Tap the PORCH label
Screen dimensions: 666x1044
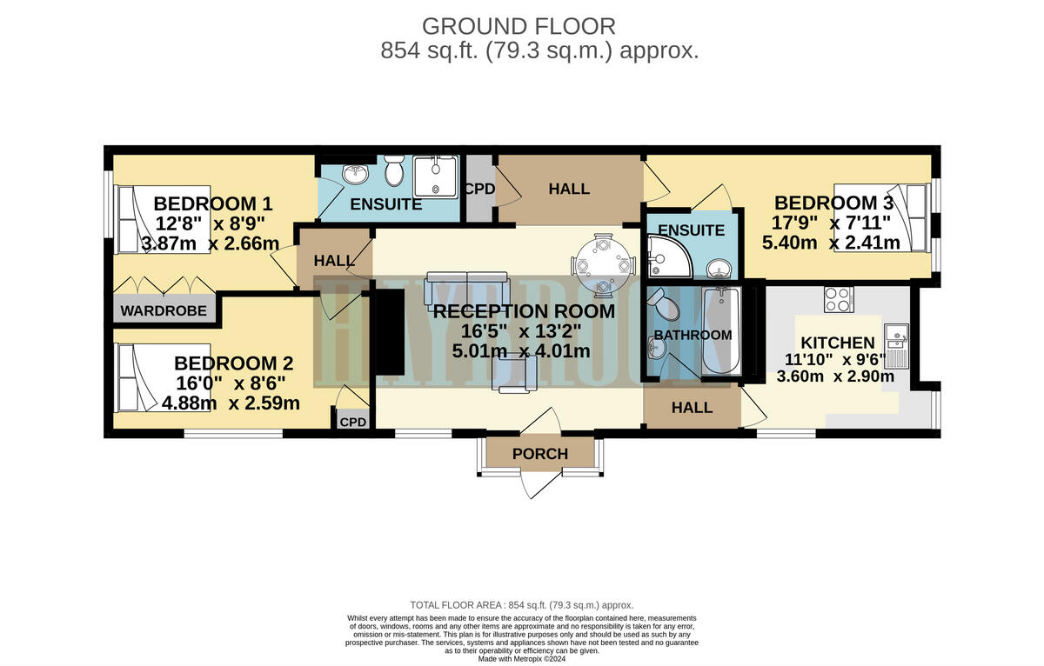(x=539, y=454)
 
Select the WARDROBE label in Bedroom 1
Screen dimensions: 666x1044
(x=164, y=310)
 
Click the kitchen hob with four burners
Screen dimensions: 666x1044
(x=838, y=299)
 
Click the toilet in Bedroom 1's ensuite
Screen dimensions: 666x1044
(x=393, y=171)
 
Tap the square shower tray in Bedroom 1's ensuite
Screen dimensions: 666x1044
(x=433, y=176)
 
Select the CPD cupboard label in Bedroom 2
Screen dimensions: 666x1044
(x=353, y=423)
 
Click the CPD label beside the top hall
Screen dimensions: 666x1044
(x=478, y=189)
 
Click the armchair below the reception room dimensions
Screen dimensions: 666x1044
(x=513, y=376)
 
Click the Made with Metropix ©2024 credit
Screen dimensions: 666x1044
(x=522, y=658)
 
